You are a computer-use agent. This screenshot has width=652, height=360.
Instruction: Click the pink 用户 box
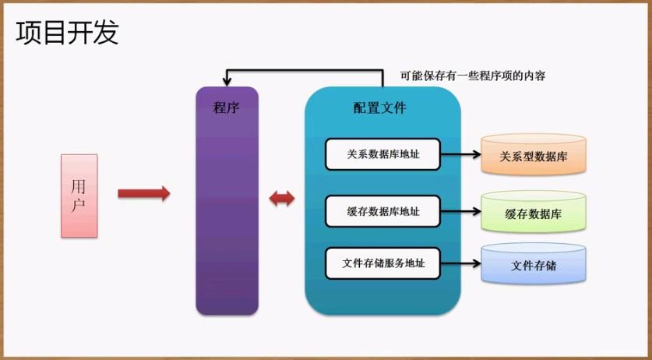point(79,196)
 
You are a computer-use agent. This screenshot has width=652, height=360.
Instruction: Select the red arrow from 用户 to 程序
point(143,193)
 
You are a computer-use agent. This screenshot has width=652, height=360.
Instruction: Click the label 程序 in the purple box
point(226,108)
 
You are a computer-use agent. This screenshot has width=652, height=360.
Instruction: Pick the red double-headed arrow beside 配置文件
point(281,199)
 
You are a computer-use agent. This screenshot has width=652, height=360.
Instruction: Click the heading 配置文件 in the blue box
point(379,108)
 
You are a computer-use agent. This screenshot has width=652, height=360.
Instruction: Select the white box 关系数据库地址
point(382,154)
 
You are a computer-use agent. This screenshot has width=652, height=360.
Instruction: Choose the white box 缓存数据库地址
point(382,210)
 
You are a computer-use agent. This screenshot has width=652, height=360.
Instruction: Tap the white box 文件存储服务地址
point(382,263)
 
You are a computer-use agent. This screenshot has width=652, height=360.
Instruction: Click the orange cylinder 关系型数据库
point(534,155)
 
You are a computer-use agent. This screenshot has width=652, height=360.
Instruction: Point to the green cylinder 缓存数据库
point(534,213)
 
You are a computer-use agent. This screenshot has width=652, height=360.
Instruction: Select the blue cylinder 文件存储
point(534,265)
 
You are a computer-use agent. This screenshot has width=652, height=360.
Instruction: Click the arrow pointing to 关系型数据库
point(460,154)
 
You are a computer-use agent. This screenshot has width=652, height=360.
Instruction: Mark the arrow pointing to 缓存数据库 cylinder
point(460,210)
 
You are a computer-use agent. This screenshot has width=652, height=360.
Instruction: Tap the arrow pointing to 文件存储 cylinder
point(460,263)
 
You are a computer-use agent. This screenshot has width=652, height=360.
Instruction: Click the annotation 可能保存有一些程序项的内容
point(472,76)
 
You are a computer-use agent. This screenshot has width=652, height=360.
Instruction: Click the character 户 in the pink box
point(79,206)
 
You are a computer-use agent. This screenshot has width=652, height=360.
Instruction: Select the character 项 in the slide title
point(29,32)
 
